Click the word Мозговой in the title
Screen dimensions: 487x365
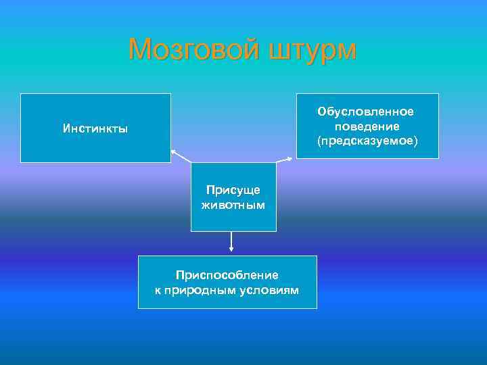194,49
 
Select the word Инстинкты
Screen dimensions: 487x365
95,128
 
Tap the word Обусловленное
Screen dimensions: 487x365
367,111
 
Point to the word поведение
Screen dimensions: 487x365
367,126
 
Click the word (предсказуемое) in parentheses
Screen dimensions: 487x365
367,141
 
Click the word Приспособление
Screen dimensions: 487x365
227,275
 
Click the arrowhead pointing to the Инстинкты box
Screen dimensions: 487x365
172,151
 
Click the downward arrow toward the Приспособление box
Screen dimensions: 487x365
231,249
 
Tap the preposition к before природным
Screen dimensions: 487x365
158,290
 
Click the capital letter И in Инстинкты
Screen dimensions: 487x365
66,128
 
